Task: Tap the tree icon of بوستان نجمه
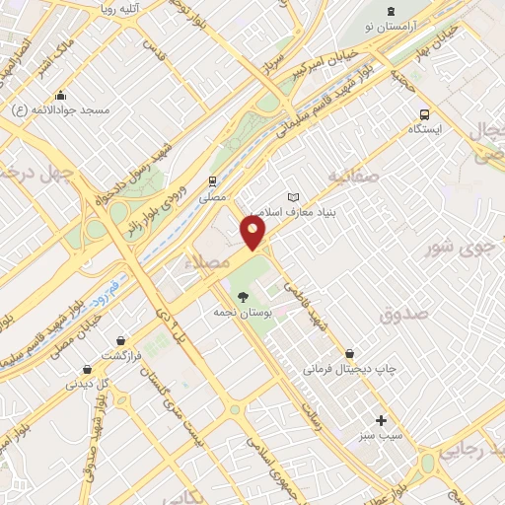(241, 295)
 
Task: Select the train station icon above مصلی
(212, 181)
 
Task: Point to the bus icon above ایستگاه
(424, 113)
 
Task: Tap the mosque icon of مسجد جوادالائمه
(61, 96)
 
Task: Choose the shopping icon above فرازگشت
(120, 340)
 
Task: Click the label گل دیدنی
(88, 384)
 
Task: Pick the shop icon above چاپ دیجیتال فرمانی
(350, 353)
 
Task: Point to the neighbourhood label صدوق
(401, 315)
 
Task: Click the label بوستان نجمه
(240, 311)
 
